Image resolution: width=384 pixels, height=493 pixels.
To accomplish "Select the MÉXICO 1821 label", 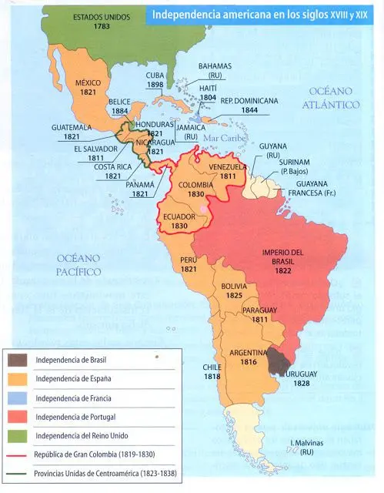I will (88, 87).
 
